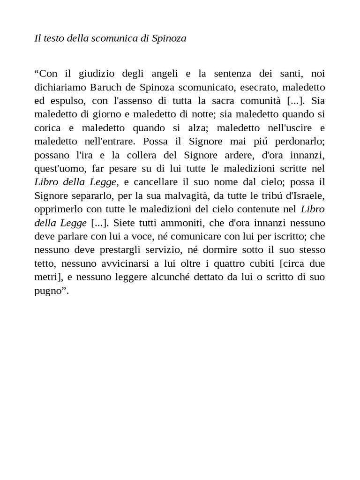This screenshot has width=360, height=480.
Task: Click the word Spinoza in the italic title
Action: (x=169, y=38)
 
